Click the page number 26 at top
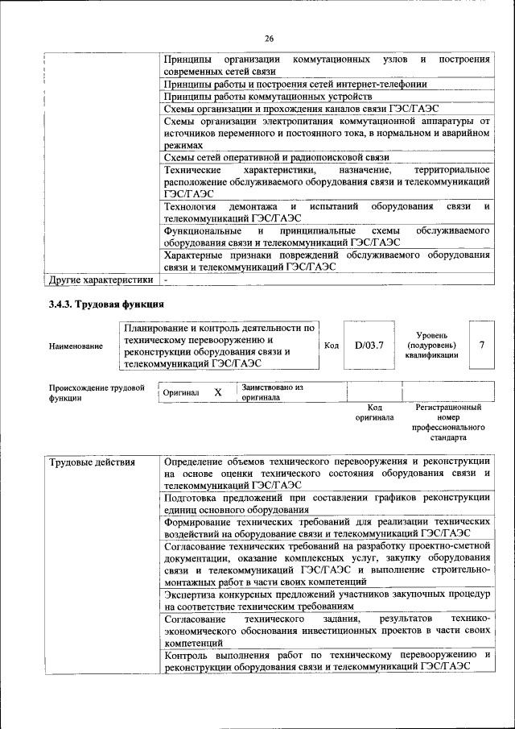pos(269,38)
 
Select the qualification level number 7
pos(481,345)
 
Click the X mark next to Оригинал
pos(217,392)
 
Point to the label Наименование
pos(76,346)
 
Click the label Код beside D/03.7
pos(331,346)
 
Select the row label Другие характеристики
pos(101,280)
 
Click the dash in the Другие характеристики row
pos(166,280)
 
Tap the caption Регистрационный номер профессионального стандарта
pos(448,423)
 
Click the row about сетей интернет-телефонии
pos(295,84)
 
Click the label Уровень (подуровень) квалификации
pos(432,345)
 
